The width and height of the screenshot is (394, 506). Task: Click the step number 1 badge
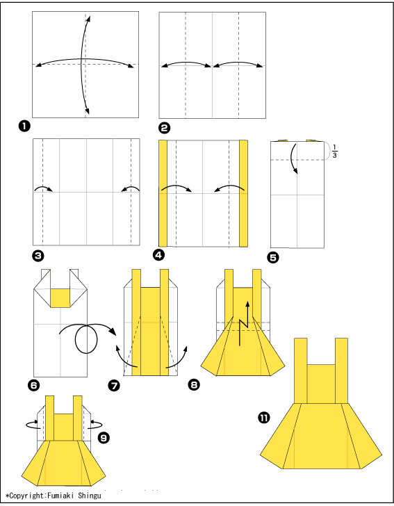click(24, 126)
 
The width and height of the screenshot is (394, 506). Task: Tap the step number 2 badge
click(164, 128)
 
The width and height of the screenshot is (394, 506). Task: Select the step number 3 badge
click(38, 256)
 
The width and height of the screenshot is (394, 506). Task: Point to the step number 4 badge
click(158, 255)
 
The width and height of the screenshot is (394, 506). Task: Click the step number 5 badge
click(273, 257)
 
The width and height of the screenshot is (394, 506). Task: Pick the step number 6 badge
click(34, 384)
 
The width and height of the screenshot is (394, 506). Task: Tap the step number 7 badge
click(114, 385)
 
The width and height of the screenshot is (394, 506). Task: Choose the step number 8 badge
click(194, 384)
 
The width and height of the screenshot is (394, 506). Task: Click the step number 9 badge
click(104, 438)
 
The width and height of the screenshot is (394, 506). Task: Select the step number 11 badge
click(264, 418)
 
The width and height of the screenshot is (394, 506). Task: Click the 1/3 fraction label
click(335, 152)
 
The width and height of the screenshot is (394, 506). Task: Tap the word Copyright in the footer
click(26, 496)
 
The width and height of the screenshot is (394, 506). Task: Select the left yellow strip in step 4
click(163, 193)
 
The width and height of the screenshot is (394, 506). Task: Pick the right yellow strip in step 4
click(244, 193)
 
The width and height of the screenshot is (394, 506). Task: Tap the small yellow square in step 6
click(60, 298)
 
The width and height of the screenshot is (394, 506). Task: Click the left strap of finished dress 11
click(300, 370)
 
